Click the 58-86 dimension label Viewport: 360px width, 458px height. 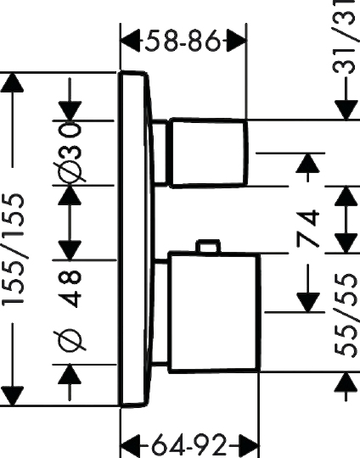pos(183,41)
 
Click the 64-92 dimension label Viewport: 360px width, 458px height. pos(189,446)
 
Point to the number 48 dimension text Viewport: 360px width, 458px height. pos(70,288)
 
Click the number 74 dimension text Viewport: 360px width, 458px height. pos(307,228)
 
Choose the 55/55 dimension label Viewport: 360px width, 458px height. pos(346,315)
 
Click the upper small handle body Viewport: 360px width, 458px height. pos(208,152)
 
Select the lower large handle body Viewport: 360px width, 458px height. pos(214,312)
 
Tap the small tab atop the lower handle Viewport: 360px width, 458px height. pos(209,246)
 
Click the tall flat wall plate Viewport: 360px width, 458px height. pos(137,238)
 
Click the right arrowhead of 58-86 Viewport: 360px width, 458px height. pos(236,42)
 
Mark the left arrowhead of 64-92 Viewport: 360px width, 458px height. pos(131,446)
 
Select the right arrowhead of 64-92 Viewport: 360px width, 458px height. pos(249,446)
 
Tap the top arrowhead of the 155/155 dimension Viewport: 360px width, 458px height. pos(12,82)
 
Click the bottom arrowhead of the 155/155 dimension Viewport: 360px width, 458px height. pos(12,396)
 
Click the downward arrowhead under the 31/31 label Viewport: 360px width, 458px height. pos(346,109)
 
